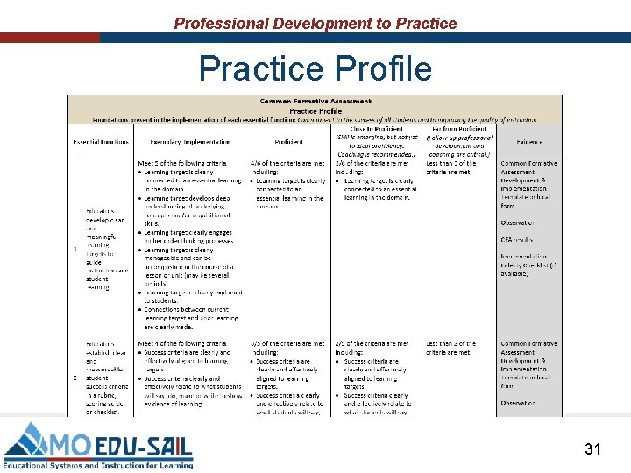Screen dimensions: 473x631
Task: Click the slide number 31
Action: tap(592, 449)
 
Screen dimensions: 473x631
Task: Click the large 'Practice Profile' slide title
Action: tap(315, 67)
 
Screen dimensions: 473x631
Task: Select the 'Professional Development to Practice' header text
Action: tap(315, 24)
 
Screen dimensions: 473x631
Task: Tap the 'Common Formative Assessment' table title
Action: tap(315, 102)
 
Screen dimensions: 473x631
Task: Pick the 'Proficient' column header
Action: tap(288, 141)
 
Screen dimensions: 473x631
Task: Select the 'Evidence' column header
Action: tap(529, 141)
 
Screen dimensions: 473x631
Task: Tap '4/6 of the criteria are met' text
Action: tap(287, 163)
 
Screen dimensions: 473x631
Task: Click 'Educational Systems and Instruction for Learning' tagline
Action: tap(97, 465)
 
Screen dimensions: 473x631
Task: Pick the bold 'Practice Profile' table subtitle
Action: tap(315, 111)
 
